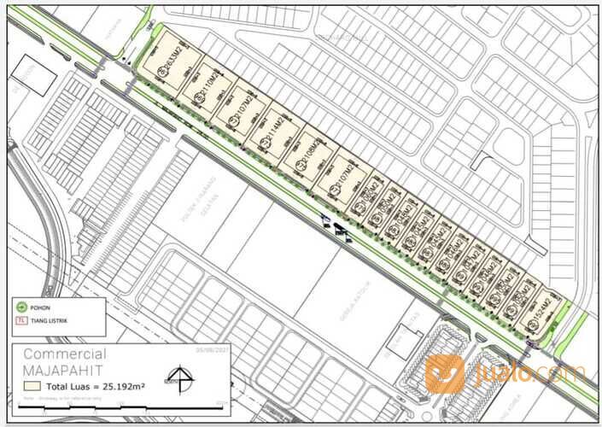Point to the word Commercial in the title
click(x=65, y=354)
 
